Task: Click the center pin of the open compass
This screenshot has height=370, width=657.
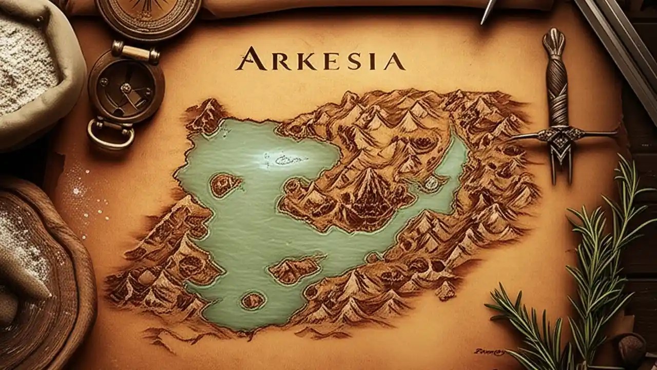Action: tap(126, 88)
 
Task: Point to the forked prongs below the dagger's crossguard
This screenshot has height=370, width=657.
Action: tap(561, 164)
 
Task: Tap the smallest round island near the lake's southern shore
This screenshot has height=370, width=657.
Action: tap(253, 300)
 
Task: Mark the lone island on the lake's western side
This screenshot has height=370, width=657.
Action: tap(224, 183)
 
